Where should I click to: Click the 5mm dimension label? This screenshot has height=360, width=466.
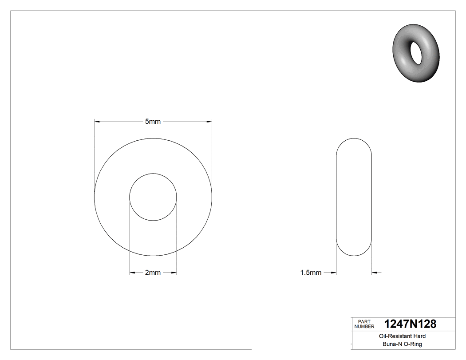point(153,122)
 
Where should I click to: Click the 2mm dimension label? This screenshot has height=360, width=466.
point(153,273)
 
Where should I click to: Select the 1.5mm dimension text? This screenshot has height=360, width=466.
point(311,273)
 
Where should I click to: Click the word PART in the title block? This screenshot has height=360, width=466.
point(364,321)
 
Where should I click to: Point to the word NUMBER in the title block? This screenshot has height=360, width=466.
point(364,326)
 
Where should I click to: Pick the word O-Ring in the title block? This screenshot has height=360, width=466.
point(412,344)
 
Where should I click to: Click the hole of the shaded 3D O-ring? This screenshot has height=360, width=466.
point(418,52)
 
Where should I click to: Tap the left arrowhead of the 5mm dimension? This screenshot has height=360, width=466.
point(96,121)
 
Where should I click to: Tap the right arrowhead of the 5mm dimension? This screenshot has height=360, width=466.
point(209,121)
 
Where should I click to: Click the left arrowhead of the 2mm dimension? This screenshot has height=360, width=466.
point(132,273)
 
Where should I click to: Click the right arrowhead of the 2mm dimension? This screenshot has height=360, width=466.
point(174,273)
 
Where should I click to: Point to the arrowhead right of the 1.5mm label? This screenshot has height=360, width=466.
point(334,273)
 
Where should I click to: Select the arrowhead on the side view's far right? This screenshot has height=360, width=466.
point(374,273)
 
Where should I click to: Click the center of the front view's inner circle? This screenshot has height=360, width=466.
point(153,197)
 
